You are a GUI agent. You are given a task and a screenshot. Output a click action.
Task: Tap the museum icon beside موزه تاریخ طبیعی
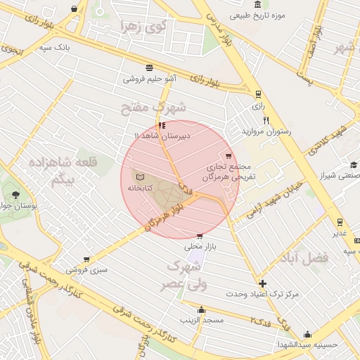coord(258,5)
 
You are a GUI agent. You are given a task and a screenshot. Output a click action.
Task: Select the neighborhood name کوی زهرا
coord(143,27)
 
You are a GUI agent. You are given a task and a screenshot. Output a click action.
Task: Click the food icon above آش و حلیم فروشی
coord(150,67)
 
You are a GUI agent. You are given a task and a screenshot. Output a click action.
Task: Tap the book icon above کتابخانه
coord(139,176)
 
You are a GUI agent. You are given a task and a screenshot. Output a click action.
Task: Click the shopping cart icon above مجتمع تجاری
coord(228,156)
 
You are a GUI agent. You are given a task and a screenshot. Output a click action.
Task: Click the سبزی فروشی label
coord(87,269)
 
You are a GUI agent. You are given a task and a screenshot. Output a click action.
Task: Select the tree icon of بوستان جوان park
coord(15,193)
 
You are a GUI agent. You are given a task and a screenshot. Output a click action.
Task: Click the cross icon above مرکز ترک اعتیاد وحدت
coord(262,283)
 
